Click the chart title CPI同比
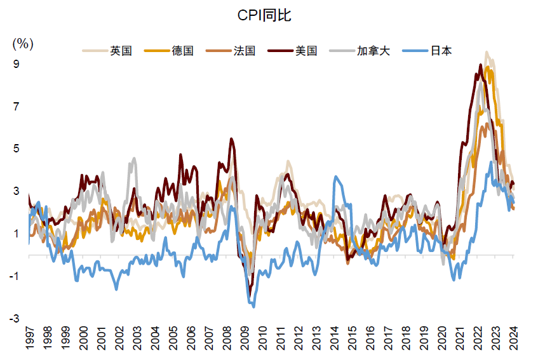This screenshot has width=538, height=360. (x=264, y=15)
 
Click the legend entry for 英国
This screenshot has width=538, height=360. (x=107, y=51)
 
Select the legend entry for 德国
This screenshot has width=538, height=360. (x=169, y=51)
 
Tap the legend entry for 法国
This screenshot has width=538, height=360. (x=231, y=51)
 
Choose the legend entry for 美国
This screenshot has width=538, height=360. (x=292, y=51)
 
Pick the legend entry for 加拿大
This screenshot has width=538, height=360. (x=360, y=51)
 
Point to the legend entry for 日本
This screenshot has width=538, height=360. (x=427, y=51)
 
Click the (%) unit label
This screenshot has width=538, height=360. (x=23, y=44)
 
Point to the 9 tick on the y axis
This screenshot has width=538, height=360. (x=16, y=63)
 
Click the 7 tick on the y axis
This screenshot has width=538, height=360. (x=16, y=106)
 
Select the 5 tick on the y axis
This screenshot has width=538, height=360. (x=16, y=149)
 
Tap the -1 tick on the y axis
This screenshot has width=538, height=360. (x=14, y=276)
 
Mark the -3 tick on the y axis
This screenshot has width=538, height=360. (x=14, y=319)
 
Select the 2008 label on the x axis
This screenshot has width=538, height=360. (x=227, y=338)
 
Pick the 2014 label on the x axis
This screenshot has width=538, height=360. (x=335, y=338)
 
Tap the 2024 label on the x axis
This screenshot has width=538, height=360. (x=514, y=338)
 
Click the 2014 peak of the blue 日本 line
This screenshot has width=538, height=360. (x=336, y=177)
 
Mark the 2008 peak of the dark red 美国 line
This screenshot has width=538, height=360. (x=231, y=139)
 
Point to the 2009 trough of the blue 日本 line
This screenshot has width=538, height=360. (x=253, y=307)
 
